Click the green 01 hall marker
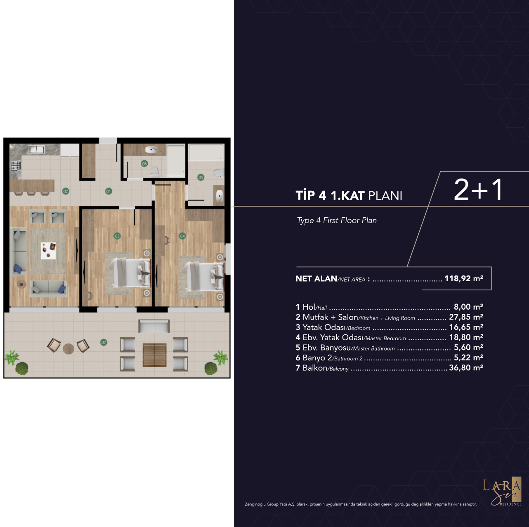tap(109, 191)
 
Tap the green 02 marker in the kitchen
tap(66, 191)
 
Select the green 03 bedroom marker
tap(117, 236)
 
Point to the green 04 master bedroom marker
tap(182, 236)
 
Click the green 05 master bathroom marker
tap(201, 177)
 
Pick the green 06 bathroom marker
tap(144, 164)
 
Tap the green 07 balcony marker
tap(104, 342)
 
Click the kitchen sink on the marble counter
tap(36, 150)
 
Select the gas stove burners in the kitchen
tap(16, 165)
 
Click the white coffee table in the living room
tap(48, 251)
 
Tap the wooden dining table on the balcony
tap(155, 355)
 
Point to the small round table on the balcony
tap(68, 349)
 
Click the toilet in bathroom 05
tap(219, 173)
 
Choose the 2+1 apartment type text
tap(479, 190)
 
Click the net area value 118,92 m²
tap(464, 279)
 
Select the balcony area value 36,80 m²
tap(466, 367)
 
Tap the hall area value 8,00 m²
tap(468, 307)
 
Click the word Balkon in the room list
tap(314, 368)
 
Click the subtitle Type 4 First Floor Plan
tap(337, 221)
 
